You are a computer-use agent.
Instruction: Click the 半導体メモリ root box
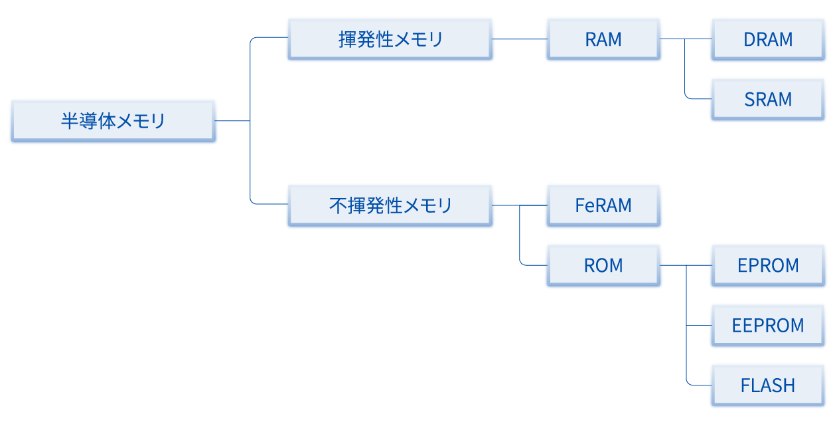tap(113, 121)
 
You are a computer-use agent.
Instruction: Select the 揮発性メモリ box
tap(390, 39)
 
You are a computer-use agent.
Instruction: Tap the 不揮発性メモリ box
tap(390, 205)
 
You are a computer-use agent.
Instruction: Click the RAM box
tap(603, 39)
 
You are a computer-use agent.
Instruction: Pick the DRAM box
tap(768, 39)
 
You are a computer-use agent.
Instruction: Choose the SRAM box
tap(768, 99)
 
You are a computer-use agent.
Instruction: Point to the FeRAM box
tap(603, 205)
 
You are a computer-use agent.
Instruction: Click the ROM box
tap(603, 265)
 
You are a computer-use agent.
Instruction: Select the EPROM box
tap(768, 265)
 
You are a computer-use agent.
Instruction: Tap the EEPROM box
tap(768, 325)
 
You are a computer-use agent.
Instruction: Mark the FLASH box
tap(768, 385)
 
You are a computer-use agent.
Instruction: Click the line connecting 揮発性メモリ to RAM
tap(519, 39)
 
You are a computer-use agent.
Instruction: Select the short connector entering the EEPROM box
tap(699, 325)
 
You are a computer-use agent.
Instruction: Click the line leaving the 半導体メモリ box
tap(232, 121)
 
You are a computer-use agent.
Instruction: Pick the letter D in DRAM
tap(749, 39)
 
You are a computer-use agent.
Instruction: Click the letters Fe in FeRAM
tap(584, 205)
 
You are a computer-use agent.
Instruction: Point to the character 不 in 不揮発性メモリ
tap(338, 205)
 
